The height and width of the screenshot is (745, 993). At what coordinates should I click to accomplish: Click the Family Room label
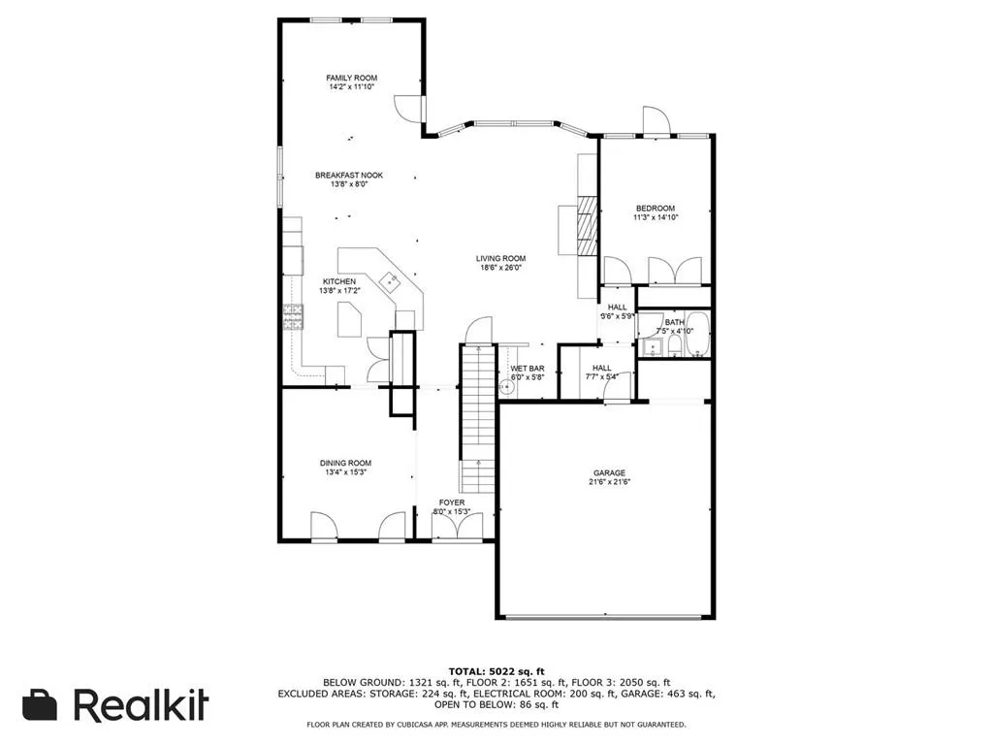(351, 78)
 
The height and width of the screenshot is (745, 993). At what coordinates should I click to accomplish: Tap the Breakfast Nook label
(349, 176)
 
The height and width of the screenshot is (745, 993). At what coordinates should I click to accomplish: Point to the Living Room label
(500, 259)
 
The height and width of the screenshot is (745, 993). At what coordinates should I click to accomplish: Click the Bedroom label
(655, 209)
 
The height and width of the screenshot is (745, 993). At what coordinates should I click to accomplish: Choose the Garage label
(609, 473)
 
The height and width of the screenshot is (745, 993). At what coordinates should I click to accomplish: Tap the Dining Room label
(346, 463)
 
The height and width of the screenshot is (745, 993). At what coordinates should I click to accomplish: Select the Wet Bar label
(528, 369)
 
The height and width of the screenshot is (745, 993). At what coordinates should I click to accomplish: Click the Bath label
(674, 321)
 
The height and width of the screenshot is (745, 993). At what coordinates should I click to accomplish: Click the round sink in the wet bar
(505, 386)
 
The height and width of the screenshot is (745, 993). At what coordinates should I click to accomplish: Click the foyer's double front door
(453, 530)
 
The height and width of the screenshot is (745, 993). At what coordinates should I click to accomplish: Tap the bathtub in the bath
(700, 337)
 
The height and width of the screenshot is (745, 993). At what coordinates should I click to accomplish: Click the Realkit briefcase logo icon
(40, 705)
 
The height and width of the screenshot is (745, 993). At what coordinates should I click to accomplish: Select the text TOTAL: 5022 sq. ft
(496, 671)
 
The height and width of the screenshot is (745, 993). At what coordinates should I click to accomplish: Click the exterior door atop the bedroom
(657, 121)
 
